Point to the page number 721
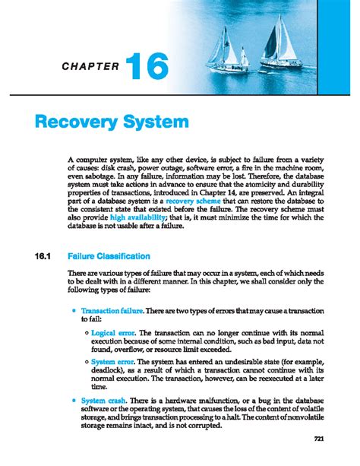tap(320, 439)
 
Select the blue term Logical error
tap(113, 333)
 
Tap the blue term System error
tap(113, 363)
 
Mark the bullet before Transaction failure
tap(73, 312)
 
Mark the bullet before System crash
tap(73, 399)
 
